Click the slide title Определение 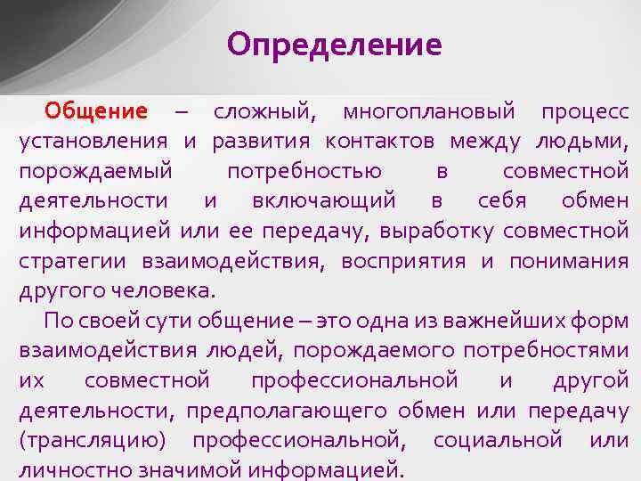[x=334, y=45]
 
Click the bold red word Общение [x=96, y=111]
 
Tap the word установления [x=93, y=141]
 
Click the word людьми [x=582, y=141]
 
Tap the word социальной [x=498, y=440]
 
